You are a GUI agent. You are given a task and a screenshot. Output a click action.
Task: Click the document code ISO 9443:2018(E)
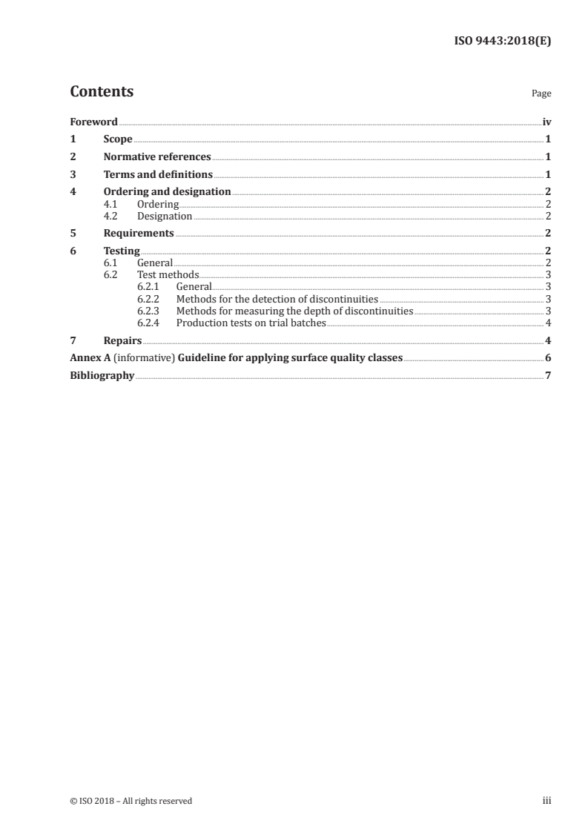pos(502,42)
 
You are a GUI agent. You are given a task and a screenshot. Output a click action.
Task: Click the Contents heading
pos(102,92)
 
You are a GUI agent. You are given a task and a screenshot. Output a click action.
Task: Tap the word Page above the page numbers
pos(541,94)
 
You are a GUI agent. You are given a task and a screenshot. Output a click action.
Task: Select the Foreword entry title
pos(93,122)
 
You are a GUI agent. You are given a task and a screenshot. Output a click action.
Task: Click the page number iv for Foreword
pos(546,122)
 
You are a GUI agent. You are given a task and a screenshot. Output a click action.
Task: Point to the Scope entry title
pos(118,139)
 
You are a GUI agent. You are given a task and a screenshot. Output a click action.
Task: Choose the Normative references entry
pos(157,157)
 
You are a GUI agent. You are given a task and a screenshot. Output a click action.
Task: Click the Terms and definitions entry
pos(158,175)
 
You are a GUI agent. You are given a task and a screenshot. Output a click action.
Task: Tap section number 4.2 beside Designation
pos(111,217)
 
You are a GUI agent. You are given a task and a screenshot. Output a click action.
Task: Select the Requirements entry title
pos(139,234)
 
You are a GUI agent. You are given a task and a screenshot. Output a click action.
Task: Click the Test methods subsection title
pos(168,275)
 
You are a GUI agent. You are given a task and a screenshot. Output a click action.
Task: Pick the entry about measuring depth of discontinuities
pos(294,311)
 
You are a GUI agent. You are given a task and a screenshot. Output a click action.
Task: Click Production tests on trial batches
pos(251,323)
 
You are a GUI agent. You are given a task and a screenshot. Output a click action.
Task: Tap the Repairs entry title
pos(122,340)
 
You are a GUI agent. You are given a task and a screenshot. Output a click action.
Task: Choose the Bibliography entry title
pos(102,376)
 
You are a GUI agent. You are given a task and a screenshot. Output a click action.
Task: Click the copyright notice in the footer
pos(131,801)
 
